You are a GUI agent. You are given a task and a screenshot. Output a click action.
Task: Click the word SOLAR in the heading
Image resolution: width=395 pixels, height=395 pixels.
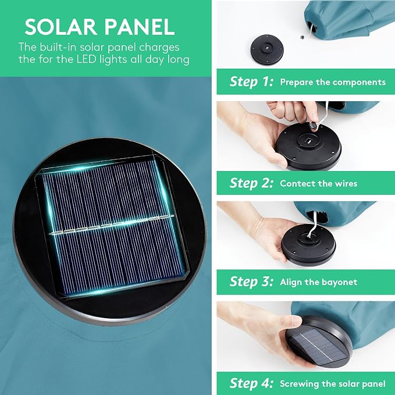[61, 27]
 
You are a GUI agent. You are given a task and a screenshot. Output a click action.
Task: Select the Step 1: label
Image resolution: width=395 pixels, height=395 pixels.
[251, 81]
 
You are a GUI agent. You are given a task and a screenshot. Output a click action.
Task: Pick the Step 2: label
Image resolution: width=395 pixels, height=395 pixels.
[251, 183]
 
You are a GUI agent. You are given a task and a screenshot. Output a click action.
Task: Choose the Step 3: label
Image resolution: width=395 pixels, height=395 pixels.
[251, 282]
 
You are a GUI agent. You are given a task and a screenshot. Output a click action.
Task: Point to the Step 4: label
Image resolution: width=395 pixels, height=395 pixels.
[251, 383]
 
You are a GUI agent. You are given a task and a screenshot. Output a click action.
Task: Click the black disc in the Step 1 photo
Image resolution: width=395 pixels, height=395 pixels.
[267, 50]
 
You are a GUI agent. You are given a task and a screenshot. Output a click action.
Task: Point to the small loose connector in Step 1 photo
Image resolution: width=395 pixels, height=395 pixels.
[302, 37]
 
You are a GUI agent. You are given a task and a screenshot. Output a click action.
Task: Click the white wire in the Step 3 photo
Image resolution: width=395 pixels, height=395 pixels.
[312, 225]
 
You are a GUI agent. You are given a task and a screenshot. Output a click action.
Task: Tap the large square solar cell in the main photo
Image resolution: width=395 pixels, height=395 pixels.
[112, 226]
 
